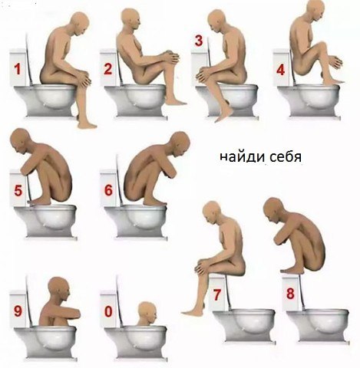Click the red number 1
click(18, 69)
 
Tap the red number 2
click(107, 69)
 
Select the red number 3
click(199, 41)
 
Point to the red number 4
click(281, 70)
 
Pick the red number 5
click(18, 191)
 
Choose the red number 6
click(108, 190)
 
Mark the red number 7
click(216, 295)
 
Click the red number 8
click(290, 294)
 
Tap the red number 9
click(18, 311)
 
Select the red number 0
click(108, 312)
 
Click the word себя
click(286, 157)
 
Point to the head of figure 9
click(59, 289)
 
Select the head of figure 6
click(180, 144)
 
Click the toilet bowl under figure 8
click(317, 325)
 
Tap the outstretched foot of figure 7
click(190, 311)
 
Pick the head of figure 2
click(130, 19)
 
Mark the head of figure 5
click(21, 141)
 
